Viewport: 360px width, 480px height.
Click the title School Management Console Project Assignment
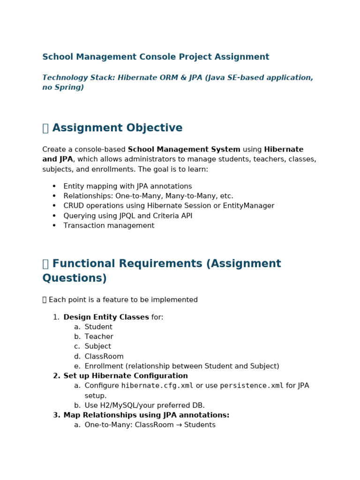tap(156, 57)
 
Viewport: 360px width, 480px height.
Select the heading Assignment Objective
tap(117, 128)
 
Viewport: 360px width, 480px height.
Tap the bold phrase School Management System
tap(184, 150)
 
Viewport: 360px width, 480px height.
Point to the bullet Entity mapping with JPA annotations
tap(127, 186)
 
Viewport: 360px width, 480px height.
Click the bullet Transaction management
tap(109, 225)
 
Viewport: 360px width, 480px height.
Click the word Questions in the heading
tap(75, 278)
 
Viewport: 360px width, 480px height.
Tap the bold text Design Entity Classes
tap(106, 317)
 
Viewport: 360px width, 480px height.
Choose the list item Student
tap(98, 327)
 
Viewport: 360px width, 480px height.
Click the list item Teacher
tap(99, 337)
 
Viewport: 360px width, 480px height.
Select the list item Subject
tap(98, 346)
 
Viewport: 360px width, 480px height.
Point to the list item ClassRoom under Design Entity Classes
tap(104, 356)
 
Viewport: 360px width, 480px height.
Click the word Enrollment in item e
tap(104, 366)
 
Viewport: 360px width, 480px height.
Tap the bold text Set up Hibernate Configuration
tap(126, 376)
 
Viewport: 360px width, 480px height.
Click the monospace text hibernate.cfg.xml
tap(157, 386)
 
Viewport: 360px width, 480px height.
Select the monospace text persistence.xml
tap(251, 386)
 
